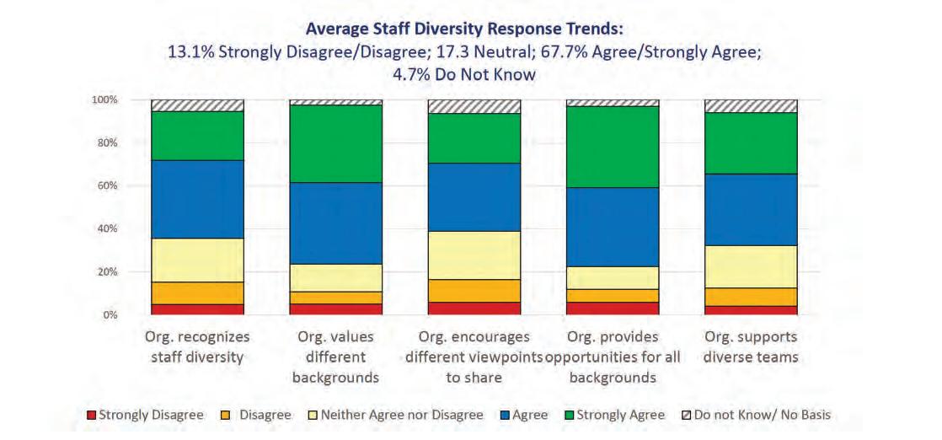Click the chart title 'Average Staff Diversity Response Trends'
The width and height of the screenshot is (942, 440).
tap(464, 29)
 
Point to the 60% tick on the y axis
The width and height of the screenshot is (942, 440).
tap(107, 185)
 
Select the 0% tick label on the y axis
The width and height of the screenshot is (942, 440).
tap(110, 315)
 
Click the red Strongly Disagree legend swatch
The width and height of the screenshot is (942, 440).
tap(92, 416)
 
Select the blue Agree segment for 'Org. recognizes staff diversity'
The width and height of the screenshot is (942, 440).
tap(197, 199)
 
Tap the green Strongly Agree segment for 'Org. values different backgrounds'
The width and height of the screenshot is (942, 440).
tap(335, 144)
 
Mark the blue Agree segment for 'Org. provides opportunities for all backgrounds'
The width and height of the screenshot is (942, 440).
tap(613, 227)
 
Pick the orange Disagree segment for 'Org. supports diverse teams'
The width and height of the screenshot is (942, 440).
tap(751, 297)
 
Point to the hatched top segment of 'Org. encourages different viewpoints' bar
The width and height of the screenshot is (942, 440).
tap(474, 106)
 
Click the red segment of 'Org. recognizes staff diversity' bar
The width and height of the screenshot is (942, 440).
tap(197, 309)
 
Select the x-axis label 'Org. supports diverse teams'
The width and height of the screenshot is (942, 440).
tap(751, 346)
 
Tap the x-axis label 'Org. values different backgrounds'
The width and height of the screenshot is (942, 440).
tap(335, 357)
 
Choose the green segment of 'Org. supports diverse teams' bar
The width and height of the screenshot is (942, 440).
tap(751, 142)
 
